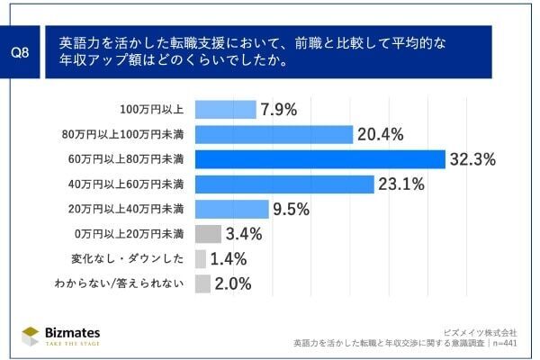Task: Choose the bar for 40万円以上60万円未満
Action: click(284, 184)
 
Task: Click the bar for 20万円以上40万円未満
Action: click(231, 209)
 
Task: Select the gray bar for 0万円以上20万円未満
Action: click(207, 234)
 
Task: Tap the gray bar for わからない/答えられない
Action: click(202, 283)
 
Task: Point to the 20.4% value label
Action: click(381, 135)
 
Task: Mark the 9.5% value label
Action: click(292, 210)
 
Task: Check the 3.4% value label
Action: click(244, 235)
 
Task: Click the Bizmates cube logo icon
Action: click(31, 335)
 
